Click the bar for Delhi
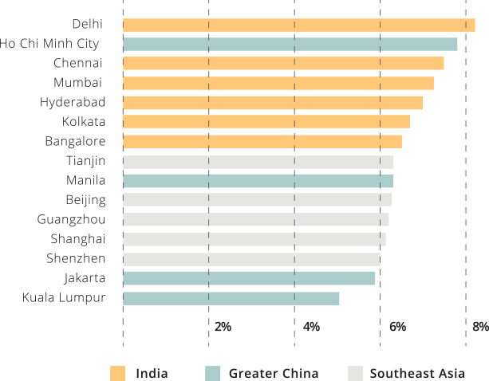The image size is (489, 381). tap(298, 25)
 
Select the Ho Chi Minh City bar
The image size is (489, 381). tap(290, 44)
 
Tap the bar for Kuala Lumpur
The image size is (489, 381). tap(231, 298)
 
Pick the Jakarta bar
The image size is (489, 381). tap(249, 278)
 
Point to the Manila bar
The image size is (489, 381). tap(258, 180)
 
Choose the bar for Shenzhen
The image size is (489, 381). tap(251, 259)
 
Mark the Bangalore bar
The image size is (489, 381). tap(262, 141)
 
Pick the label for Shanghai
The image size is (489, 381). tap(77, 239)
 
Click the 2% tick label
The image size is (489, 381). tap(223, 326)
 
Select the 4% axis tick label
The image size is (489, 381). tap(311, 326)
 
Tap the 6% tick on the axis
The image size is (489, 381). tap(397, 326)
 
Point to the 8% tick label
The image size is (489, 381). tap(479, 326)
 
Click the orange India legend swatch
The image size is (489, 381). tap(117, 373)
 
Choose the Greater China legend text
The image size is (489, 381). tap(274, 373)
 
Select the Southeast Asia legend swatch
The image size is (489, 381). tap(356, 373)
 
